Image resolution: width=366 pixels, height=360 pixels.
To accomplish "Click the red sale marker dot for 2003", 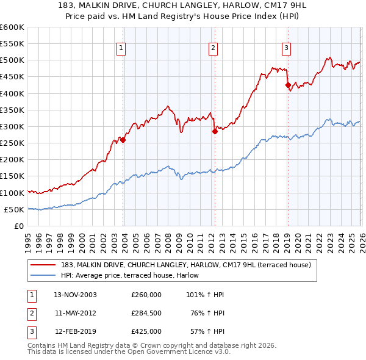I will (123, 140).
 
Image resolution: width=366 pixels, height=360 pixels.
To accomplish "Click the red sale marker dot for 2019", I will (288, 85).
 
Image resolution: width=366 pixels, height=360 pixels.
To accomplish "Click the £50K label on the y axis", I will (14, 209).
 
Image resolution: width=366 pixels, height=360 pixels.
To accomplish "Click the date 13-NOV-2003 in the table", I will (75, 295).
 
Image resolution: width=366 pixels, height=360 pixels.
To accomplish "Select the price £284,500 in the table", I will (146, 313).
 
